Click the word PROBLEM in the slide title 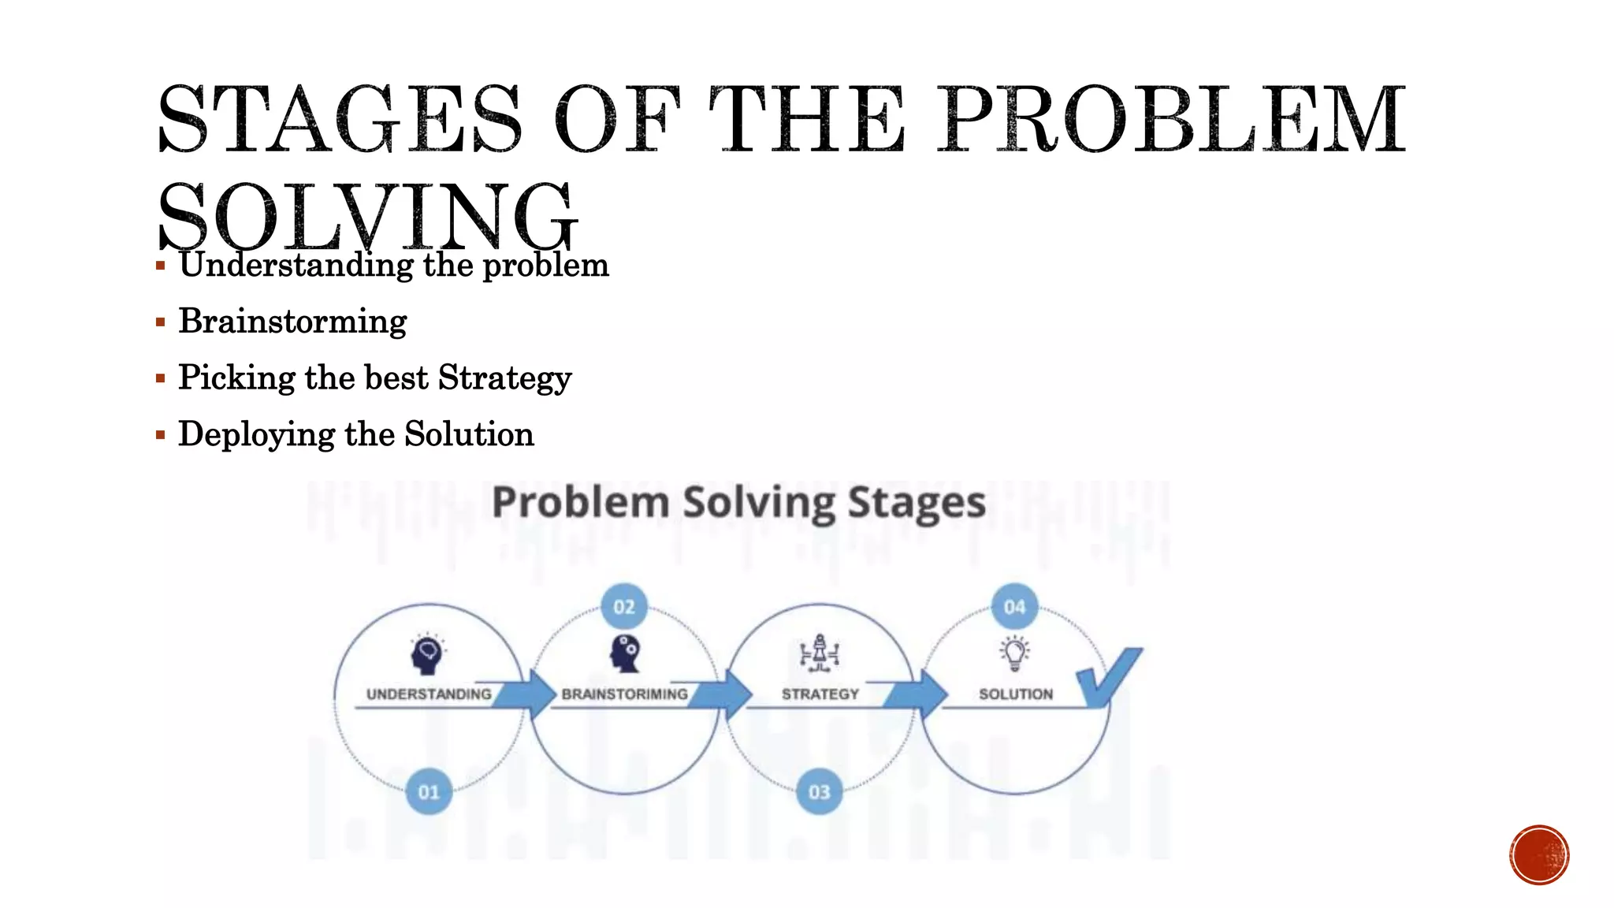click(x=1171, y=120)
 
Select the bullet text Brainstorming click(x=292, y=322)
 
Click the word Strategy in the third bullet click(x=504, y=378)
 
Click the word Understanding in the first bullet click(x=296, y=265)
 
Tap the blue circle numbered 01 click(x=429, y=791)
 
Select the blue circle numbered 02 click(x=624, y=607)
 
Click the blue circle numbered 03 click(x=820, y=791)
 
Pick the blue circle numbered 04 click(x=1014, y=607)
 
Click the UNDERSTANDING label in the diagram click(x=429, y=694)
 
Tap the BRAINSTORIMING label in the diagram click(x=624, y=694)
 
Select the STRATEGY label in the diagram click(x=820, y=694)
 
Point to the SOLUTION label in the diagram click(x=1015, y=694)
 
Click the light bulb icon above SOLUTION click(x=1015, y=653)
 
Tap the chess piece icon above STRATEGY click(x=820, y=653)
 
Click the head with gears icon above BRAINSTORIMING click(x=626, y=653)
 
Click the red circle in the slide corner click(x=1539, y=855)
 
